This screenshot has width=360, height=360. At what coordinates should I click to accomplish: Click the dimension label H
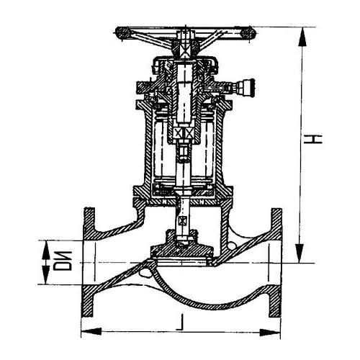point(312,139)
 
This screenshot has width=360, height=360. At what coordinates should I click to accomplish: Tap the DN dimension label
point(62,261)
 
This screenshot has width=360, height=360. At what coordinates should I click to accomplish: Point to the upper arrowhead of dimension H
point(302,37)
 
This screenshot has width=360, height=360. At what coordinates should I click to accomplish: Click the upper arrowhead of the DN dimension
point(45,250)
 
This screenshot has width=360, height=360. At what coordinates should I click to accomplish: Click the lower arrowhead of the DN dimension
point(45,274)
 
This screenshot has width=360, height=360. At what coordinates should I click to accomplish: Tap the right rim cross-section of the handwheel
point(248,33)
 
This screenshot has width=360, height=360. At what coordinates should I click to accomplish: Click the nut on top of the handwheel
point(185,35)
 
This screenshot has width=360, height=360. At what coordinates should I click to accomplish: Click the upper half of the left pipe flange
point(89,224)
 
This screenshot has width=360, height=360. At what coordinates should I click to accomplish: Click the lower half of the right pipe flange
point(275,301)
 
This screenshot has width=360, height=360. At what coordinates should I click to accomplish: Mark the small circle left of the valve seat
point(145,273)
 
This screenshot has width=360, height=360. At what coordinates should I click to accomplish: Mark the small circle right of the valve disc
point(232,246)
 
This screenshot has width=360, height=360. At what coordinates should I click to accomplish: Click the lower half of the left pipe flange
point(88,301)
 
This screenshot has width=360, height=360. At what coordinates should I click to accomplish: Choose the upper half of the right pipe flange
point(276,224)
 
